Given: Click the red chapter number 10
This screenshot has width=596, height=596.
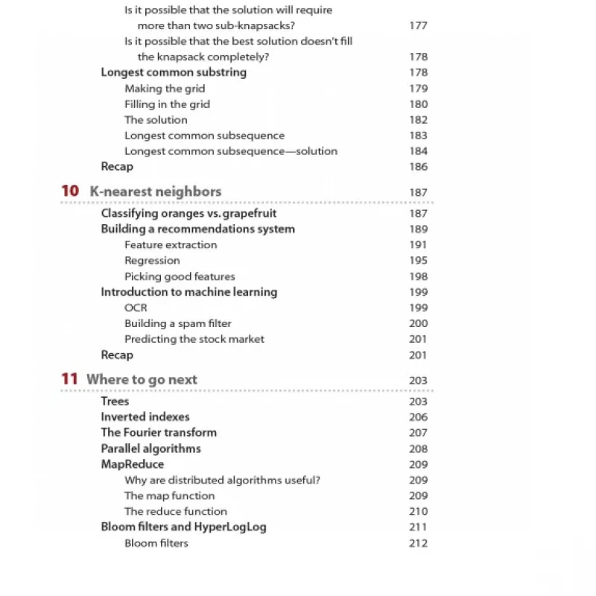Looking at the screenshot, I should pyautogui.click(x=70, y=191).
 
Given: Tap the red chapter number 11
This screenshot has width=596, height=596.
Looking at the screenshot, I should pyautogui.click(x=69, y=379).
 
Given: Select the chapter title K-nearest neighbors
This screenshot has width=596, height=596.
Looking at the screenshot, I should pyautogui.click(x=155, y=191).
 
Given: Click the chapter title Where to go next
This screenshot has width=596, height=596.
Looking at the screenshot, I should pyautogui.click(x=142, y=379).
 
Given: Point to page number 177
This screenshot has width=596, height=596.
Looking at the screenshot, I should pyautogui.click(x=418, y=25).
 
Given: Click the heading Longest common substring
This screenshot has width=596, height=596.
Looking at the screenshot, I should pyautogui.click(x=174, y=72).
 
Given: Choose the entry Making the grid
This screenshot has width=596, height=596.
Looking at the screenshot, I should pyautogui.click(x=165, y=89).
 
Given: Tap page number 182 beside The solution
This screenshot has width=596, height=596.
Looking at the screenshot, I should pyautogui.click(x=418, y=120).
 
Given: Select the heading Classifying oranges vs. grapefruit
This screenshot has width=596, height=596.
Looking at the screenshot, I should pyautogui.click(x=188, y=214).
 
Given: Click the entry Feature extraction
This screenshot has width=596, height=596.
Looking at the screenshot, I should pyautogui.click(x=171, y=245).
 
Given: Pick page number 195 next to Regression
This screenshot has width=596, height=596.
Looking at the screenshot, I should pyautogui.click(x=418, y=261).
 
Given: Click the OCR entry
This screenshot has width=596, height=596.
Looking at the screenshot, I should pyautogui.click(x=136, y=308).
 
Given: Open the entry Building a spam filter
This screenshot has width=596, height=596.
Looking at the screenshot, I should pyautogui.click(x=177, y=323).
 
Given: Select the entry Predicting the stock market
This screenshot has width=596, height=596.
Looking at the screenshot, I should pyautogui.click(x=194, y=339).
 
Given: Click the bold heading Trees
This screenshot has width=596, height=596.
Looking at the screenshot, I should pyautogui.click(x=115, y=402).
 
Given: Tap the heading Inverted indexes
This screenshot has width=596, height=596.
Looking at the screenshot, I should pyautogui.click(x=145, y=417).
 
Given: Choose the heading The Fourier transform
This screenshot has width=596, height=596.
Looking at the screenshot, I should pyautogui.click(x=159, y=433).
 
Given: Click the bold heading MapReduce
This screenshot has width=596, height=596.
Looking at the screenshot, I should pyautogui.click(x=132, y=464).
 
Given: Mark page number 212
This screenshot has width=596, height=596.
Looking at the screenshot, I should pyautogui.click(x=418, y=543).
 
